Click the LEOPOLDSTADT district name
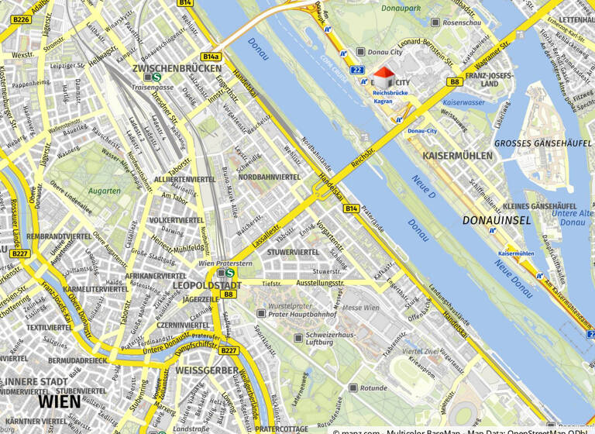pos(207,286)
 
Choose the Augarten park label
pos(105,191)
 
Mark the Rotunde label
pos(373,387)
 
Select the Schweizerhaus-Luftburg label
pos(335,338)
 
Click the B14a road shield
pos(211,57)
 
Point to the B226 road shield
pos(21,19)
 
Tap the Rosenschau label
pos(462,23)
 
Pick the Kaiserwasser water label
pos(463,102)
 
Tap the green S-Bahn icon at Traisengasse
pos(156,77)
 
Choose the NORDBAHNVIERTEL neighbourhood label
pos(269,177)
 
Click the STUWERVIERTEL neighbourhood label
pos(293,252)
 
